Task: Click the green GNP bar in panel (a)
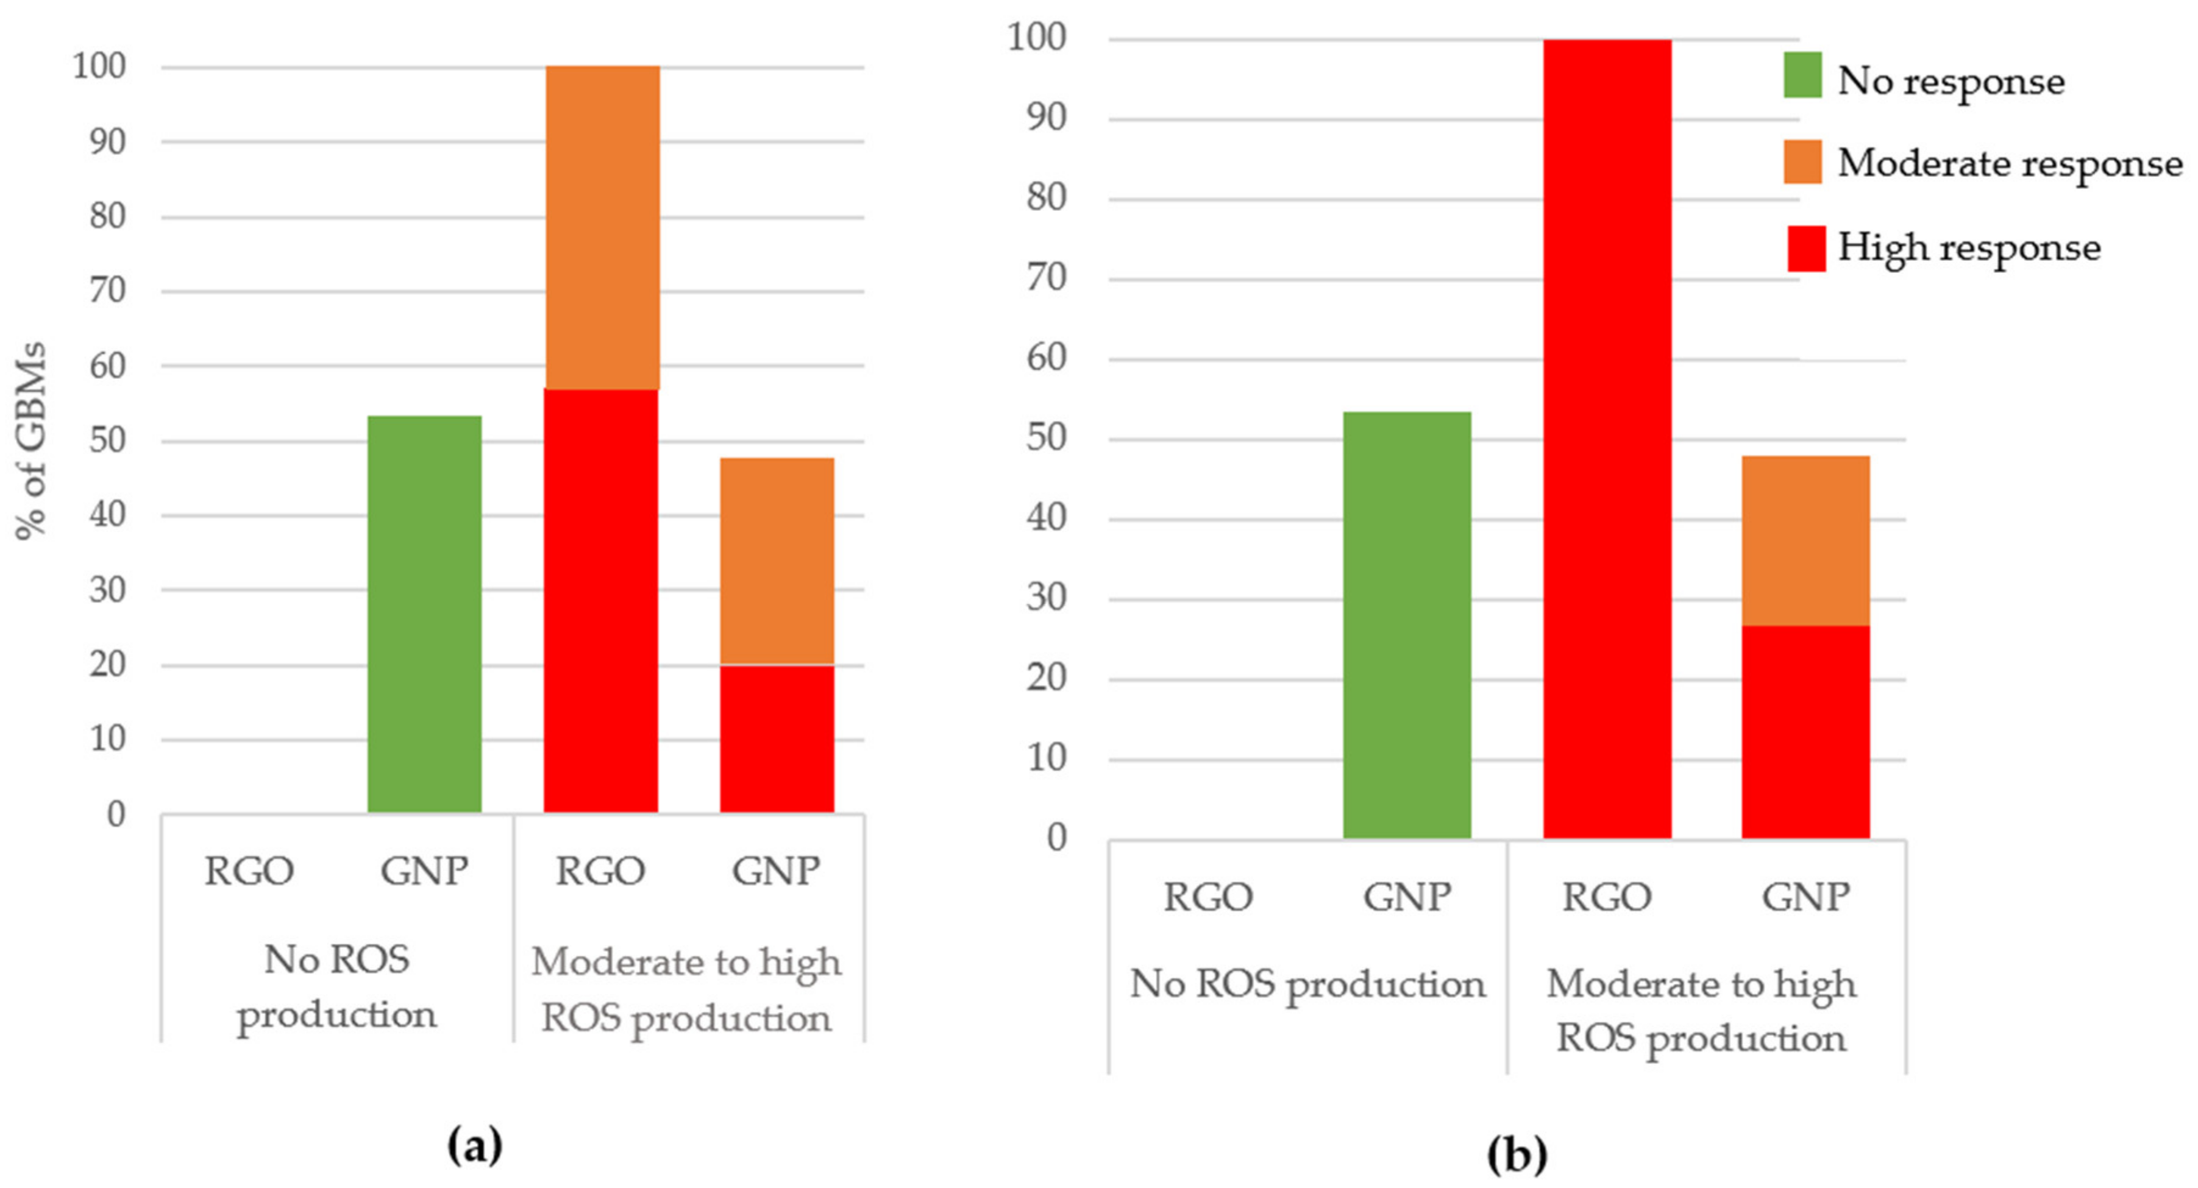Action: tap(424, 614)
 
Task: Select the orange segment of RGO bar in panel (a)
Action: tap(602, 228)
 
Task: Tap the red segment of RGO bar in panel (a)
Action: tap(600, 600)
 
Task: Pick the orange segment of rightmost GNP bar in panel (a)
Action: tap(777, 561)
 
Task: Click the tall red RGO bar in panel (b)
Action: tap(1607, 439)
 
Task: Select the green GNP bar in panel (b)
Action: tap(1406, 625)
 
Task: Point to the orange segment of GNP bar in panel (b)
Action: tap(1805, 541)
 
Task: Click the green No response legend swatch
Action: tap(1802, 75)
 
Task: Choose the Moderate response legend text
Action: tap(2010, 163)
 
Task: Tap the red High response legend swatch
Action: tap(1805, 248)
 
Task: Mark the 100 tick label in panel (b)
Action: tap(1037, 38)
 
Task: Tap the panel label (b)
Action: tap(1517, 1156)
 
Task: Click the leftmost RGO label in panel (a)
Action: tap(249, 871)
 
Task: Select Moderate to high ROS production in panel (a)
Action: tap(686, 989)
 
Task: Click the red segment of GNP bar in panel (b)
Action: tap(1805, 732)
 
